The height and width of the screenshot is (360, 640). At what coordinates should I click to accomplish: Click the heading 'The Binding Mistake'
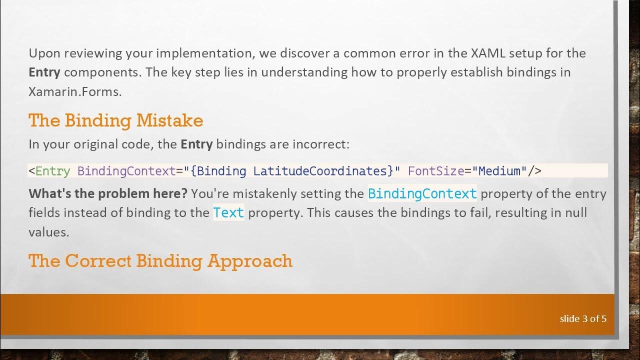[115, 120]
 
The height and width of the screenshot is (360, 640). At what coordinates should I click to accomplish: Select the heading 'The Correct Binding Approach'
[160, 261]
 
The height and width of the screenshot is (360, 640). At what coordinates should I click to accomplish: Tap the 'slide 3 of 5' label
[583, 318]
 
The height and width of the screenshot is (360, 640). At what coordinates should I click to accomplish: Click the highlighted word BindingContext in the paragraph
[422, 193]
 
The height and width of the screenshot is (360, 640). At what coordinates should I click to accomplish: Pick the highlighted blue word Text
[228, 212]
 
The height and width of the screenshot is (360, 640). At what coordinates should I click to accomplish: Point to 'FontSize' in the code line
[436, 171]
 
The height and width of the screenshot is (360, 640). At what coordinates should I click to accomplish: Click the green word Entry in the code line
[52, 171]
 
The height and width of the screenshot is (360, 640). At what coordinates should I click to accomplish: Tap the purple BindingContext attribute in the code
[126, 171]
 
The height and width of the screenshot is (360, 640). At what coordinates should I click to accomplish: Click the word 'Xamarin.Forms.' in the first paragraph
[75, 91]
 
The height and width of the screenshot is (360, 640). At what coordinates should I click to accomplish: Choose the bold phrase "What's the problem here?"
[107, 193]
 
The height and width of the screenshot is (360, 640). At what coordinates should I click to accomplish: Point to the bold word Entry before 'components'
[44, 72]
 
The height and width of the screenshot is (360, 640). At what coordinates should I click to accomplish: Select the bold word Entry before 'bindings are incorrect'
[196, 144]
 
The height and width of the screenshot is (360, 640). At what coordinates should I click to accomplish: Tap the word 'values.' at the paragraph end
[48, 231]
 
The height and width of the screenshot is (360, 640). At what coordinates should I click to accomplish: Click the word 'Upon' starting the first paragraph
[42, 53]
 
